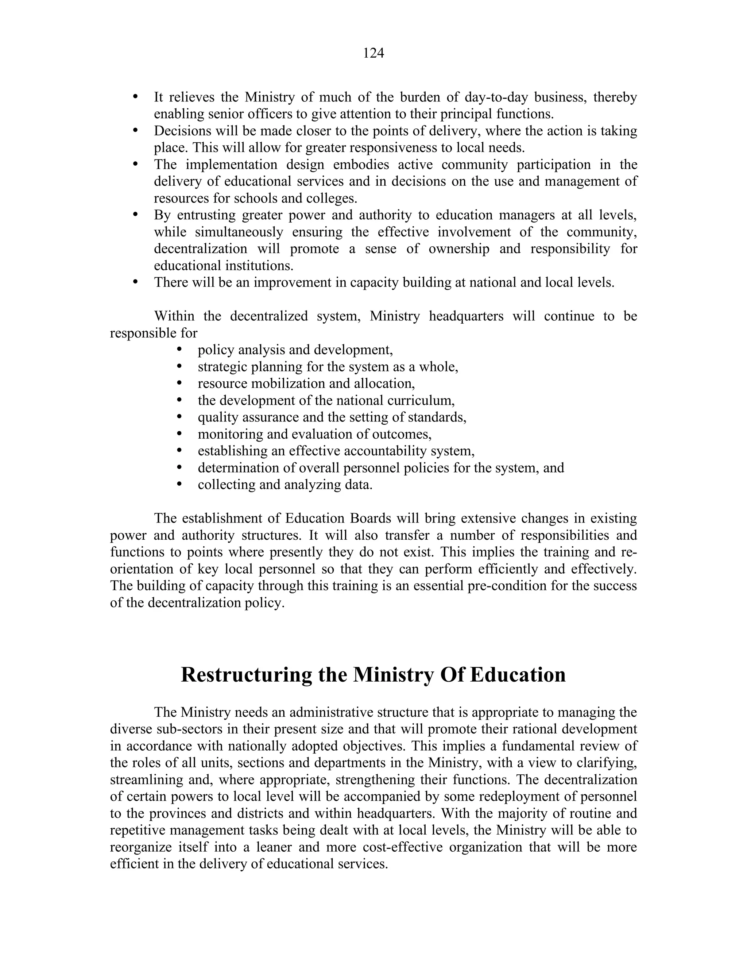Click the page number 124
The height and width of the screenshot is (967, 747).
(x=373, y=53)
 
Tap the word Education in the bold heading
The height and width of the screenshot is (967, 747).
(x=518, y=675)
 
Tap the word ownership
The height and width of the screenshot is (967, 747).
(x=459, y=249)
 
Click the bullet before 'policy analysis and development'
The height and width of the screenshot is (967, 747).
(x=179, y=349)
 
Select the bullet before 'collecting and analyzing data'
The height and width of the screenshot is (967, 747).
(x=179, y=484)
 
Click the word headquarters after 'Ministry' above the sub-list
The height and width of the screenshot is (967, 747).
(x=466, y=316)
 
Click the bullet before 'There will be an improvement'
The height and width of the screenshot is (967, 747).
(x=135, y=282)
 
